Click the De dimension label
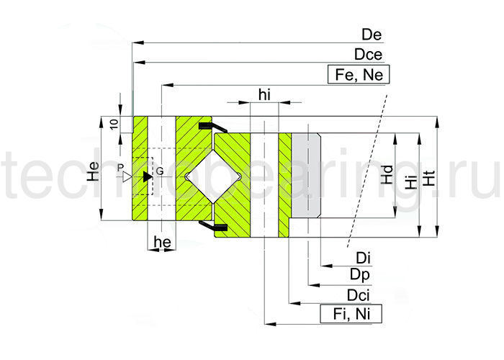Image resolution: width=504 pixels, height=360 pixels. pyautogui.click(x=372, y=35)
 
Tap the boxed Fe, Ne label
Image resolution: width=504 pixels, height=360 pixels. pyautogui.click(x=358, y=74)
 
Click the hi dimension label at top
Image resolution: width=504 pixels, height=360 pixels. pyautogui.click(x=265, y=94)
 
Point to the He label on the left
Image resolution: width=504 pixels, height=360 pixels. pyautogui.click(x=92, y=171)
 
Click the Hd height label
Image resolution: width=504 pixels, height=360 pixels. pyautogui.click(x=387, y=175)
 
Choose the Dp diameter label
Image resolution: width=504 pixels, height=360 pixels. pyautogui.click(x=361, y=275)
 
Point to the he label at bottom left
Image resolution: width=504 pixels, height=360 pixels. pyautogui.click(x=162, y=243)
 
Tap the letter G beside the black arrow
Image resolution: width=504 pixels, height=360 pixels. pyautogui.click(x=160, y=171)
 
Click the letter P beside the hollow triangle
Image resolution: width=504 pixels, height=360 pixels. pyautogui.click(x=120, y=167)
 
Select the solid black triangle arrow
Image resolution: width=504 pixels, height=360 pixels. pyautogui.click(x=147, y=176)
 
